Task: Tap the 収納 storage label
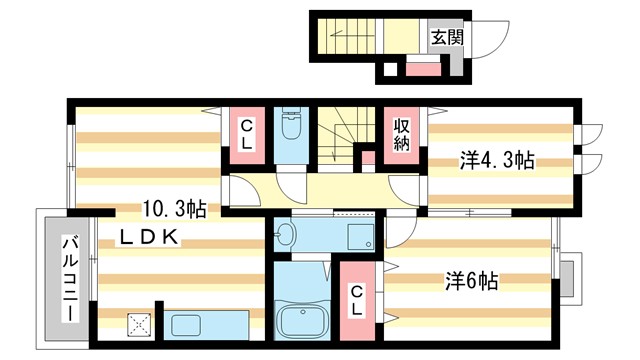402,134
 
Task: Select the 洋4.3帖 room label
496,160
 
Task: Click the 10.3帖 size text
174,210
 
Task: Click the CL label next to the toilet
245,134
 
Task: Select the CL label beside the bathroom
356,299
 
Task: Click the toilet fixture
291,126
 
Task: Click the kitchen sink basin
187,325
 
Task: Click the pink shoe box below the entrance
423,70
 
